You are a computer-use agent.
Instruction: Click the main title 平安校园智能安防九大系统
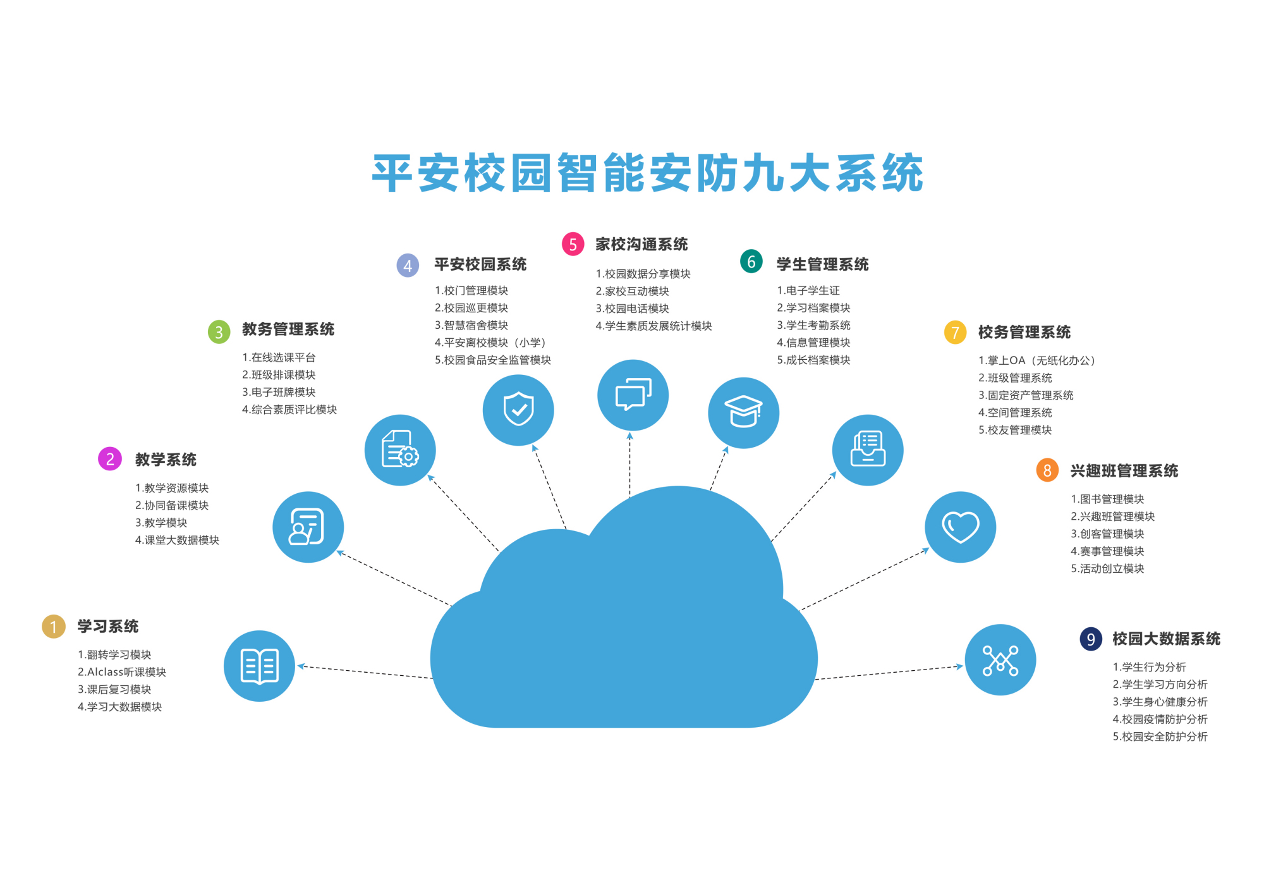(x=647, y=173)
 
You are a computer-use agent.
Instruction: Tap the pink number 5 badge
(x=573, y=244)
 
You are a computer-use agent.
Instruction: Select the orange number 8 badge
(x=1047, y=470)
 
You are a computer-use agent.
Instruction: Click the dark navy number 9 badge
(x=1090, y=639)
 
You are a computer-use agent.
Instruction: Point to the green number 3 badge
(x=219, y=331)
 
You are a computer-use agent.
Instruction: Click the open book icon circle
(x=259, y=666)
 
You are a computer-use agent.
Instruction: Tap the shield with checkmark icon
(x=518, y=410)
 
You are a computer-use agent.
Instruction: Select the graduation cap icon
(x=743, y=412)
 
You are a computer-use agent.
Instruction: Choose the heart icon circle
(x=960, y=527)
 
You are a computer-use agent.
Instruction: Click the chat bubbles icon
(x=633, y=395)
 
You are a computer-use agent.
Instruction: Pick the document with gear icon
(x=400, y=450)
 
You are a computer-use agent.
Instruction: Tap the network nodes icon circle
(x=1000, y=659)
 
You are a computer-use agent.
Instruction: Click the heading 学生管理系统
(x=822, y=264)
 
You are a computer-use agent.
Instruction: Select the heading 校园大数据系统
(x=1166, y=639)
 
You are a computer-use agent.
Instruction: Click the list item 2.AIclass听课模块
(x=122, y=672)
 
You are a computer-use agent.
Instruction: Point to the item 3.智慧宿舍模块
(x=471, y=325)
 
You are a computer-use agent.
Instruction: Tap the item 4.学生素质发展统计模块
(x=653, y=326)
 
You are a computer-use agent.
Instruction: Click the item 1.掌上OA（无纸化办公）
(x=1036, y=360)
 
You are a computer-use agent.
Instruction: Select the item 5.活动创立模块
(x=1107, y=568)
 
